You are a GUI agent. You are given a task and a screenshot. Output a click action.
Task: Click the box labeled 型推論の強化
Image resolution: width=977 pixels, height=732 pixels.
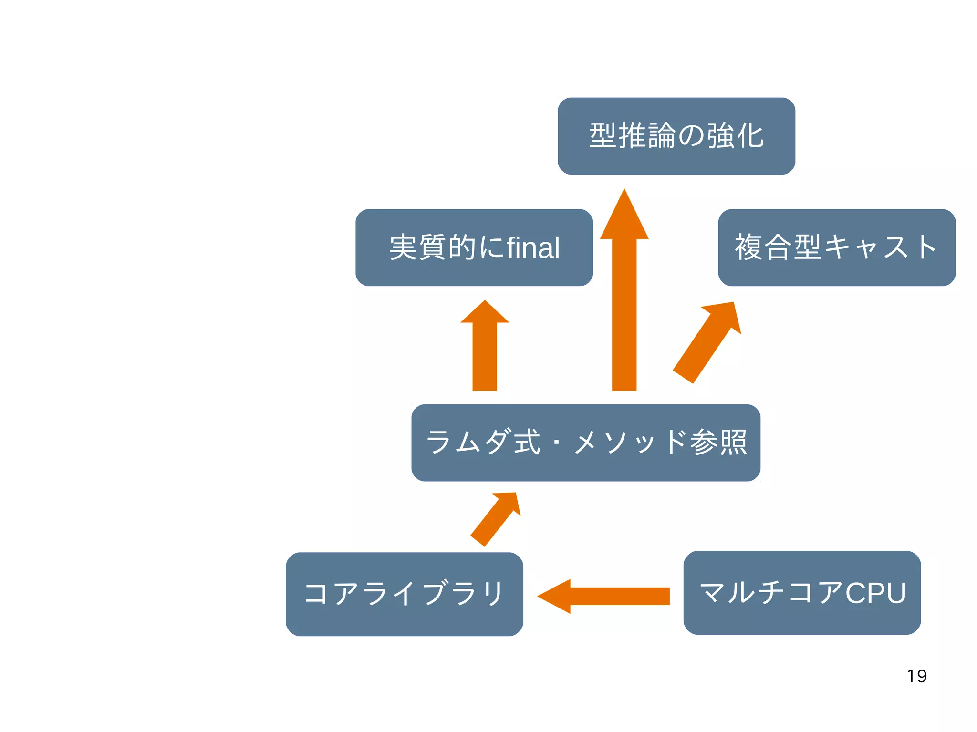coord(676,136)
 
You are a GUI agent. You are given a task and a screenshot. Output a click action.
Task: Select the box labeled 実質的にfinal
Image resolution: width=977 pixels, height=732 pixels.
coord(474,247)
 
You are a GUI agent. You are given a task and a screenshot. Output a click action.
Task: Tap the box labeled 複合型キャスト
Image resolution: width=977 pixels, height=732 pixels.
coord(837,247)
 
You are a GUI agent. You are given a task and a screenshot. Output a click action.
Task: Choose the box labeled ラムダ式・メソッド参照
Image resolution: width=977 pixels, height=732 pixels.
coord(585,443)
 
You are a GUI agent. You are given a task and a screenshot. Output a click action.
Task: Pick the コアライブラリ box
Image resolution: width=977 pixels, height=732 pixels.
coord(404,594)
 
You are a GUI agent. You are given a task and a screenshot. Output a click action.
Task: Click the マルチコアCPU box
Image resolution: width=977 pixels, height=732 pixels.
coord(802,593)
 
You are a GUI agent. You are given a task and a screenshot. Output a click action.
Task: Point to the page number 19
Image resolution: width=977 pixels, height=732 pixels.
coord(916,676)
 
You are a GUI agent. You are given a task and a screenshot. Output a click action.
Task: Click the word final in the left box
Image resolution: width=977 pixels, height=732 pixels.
coord(533,247)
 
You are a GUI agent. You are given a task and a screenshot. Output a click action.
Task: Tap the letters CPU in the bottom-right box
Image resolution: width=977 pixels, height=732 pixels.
coord(875,593)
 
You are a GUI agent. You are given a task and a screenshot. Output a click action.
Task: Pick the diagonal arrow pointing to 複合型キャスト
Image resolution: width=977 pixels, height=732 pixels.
coord(706,343)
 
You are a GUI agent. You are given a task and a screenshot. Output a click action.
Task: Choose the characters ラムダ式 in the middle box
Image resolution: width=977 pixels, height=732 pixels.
coord(483,443)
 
